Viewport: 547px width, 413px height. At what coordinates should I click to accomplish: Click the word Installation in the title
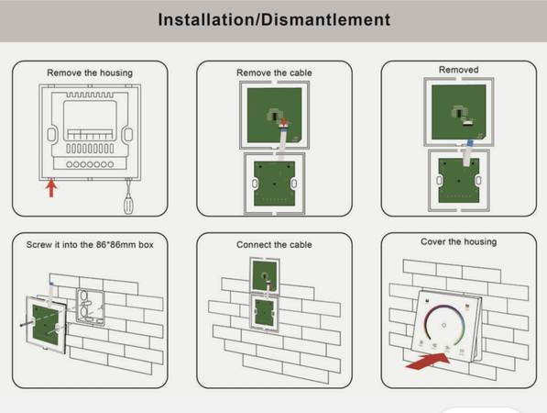coord(206,19)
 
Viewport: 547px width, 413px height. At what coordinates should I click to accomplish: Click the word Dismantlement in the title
coord(326,19)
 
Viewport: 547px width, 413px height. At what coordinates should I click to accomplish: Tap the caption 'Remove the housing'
coord(90,73)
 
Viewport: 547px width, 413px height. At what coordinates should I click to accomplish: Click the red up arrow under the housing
coord(51,187)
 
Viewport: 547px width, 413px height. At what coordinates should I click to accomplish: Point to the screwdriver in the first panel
coord(128,196)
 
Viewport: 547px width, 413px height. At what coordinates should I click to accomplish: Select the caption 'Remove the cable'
coord(274,73)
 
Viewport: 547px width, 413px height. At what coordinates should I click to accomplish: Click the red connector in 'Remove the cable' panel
coord(284,123)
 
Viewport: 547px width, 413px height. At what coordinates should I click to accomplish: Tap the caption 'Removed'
coord(458,70)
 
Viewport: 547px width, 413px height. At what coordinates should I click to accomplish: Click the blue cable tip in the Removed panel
coord(470,142)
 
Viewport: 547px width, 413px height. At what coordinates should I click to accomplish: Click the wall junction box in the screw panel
coord(91,307)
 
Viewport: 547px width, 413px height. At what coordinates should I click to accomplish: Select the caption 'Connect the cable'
coord(274,244)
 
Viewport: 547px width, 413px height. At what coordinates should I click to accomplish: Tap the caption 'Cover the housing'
coord(458,241)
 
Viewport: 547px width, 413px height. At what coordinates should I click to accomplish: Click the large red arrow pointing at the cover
coord(427,362)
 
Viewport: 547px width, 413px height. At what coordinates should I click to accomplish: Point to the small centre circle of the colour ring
coord(443,325)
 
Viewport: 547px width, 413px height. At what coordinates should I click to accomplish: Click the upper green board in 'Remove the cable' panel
coord(274,116)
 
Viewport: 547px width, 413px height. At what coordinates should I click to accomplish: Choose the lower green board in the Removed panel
coord(458,181)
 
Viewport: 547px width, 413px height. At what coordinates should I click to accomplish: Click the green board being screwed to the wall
coord(46,325)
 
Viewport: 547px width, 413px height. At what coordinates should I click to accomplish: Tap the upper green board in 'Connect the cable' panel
coord(265,275)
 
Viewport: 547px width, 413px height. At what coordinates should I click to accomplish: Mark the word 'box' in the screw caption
coord(146,244)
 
